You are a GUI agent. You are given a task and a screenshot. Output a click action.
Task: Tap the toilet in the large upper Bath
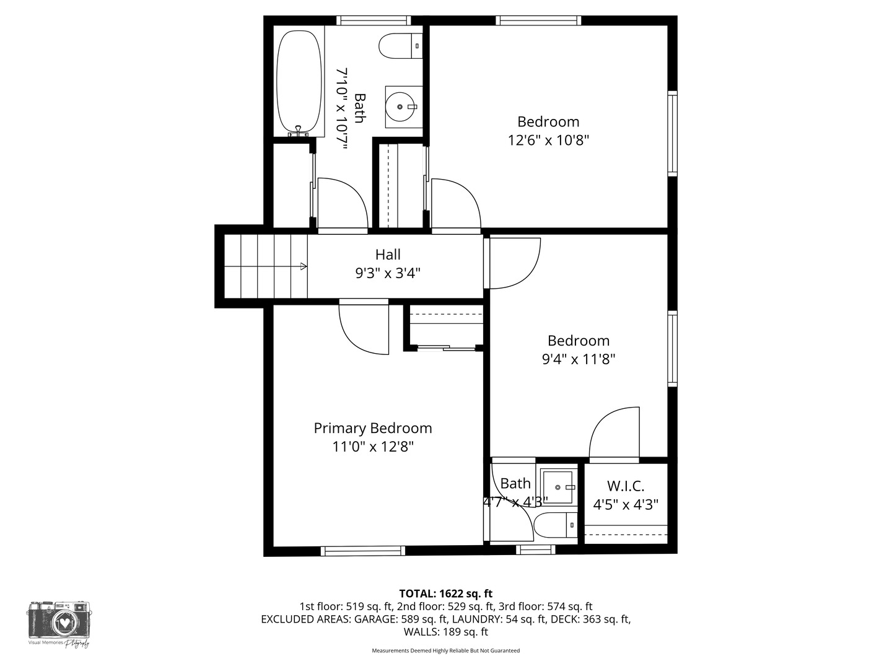(x=400, y=46)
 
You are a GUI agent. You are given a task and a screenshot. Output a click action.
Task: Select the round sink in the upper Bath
(x=401, y=107)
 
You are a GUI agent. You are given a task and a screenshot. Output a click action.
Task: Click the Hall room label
(x=388, y=255)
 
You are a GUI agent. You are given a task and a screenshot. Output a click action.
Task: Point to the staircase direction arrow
(x=303, y=266)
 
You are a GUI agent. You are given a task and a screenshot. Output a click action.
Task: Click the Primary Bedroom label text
(x=373, y=428)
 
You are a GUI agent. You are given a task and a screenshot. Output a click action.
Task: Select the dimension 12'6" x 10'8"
(x=548, y=140)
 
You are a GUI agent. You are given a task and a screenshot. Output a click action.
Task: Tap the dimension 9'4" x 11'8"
(x=579, y=359)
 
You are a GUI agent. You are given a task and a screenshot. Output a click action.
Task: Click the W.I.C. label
(x=626, y=486)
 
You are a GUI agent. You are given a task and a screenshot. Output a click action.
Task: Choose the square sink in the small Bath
(x=558, y=487)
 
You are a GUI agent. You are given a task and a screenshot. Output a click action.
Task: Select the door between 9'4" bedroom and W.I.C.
(x=613, y=434)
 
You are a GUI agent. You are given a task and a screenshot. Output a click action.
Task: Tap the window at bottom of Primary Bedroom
(x=363, y=551)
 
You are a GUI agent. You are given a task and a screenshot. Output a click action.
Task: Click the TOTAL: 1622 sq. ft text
(x=445, y=593)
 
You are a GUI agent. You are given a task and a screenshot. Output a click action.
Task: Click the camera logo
(x=59, y=621)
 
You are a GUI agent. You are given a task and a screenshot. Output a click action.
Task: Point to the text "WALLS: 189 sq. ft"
(x=445, y=632)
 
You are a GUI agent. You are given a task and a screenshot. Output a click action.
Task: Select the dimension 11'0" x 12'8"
(x=373, y=447)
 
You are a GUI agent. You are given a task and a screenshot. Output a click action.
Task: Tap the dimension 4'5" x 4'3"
(x=626, y=505)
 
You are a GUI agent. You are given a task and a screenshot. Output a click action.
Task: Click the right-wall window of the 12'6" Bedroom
(x=672, y=133)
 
